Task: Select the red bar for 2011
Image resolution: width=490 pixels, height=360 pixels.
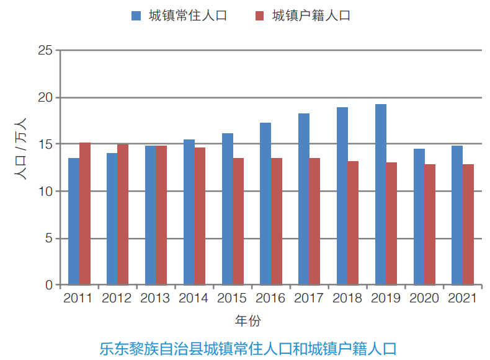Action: (85, 214)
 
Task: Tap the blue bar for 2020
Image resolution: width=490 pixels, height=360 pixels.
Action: (419, 217)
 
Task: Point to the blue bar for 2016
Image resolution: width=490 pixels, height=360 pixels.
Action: (265, 204)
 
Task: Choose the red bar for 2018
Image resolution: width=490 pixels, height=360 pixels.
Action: (353, 223)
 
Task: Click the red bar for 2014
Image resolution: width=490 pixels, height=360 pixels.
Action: (200, 216)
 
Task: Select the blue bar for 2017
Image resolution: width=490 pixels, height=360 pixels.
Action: (304, 199)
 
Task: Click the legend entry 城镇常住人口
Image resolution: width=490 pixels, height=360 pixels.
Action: (179, 15)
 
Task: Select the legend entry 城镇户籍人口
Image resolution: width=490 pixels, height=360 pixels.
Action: (303, 15)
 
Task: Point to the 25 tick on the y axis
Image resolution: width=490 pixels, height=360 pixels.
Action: (45, 50)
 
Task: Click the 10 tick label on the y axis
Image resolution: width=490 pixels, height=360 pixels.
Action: (45, 191)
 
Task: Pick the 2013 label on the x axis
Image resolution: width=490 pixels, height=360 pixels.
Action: (155, 299)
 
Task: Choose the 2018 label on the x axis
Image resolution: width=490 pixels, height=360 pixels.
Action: (347, 299)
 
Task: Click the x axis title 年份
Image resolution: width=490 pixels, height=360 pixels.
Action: (247, 321)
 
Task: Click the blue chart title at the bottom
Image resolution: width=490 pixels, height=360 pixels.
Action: (247, 348)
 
